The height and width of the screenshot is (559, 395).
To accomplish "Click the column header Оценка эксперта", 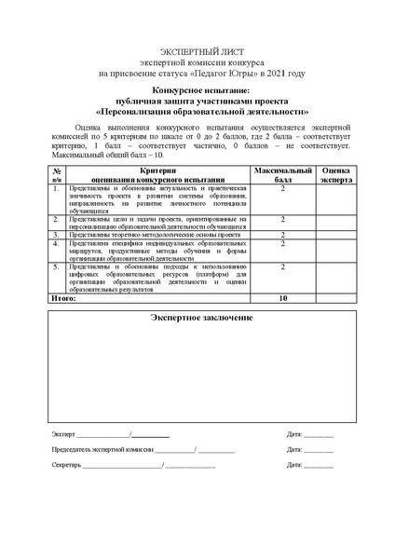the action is [x=335, y=176].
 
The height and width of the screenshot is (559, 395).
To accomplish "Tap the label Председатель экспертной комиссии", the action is [x=102, y=449].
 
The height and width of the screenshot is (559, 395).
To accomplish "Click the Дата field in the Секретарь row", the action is [x=320, y=464].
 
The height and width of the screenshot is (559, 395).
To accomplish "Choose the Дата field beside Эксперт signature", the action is [x=320, y=434].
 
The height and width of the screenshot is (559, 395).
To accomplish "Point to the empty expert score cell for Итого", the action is [x=335, y=298].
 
